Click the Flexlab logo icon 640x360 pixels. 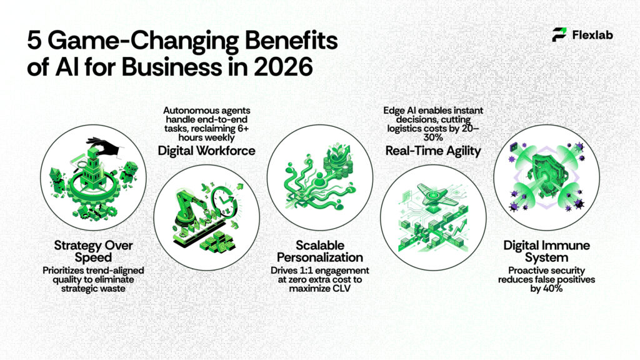[559, 35]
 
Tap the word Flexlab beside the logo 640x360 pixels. [592, 35]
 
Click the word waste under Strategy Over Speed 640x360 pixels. [99, 289]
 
